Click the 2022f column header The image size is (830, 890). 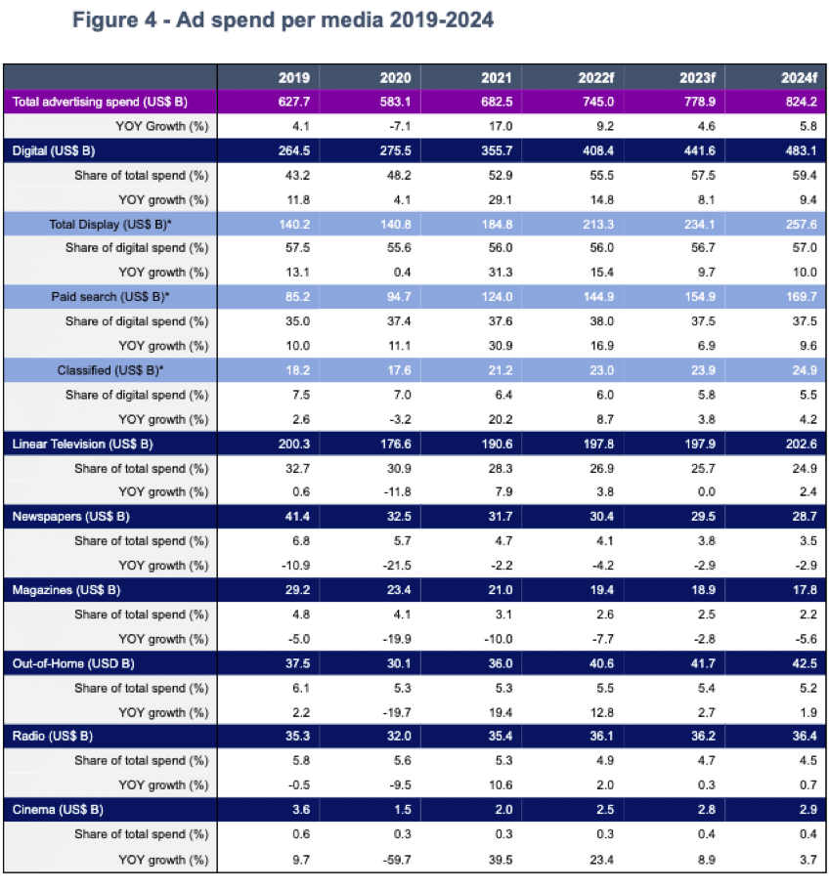(x=596, y=78)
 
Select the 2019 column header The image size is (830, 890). (x=294, y=78)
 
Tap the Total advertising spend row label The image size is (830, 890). (x=100, y=103)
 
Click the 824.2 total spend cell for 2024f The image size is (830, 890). (x=801, y=103)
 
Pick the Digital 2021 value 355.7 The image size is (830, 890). (x=497, y=151)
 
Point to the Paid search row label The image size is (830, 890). (x=110, y=297)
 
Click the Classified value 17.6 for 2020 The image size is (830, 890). (x=399, y=370)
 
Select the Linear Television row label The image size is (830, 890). (x=83, y=445)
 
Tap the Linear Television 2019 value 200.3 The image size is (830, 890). (x=294, y=445)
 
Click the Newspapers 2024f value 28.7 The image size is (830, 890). (x=805, y=517)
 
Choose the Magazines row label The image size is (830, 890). (x=66, y=590)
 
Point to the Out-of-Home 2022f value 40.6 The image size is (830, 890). (x=601, y=664)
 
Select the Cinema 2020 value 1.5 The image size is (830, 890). (x=403, y=810)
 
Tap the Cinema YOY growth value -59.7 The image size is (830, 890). (x=397, y=860)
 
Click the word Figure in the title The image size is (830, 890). (x=106, y=21)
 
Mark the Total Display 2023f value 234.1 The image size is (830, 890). (x=699, y=225)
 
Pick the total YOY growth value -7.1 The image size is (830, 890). (x=400, y=126)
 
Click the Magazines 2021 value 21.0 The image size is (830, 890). (x=500, y=590)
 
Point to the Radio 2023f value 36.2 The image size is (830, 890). (x=703, y=737)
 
